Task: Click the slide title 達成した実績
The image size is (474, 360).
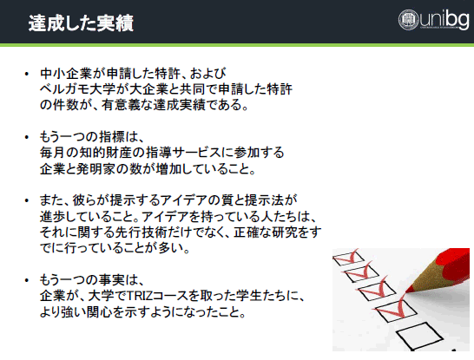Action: coord(81,23)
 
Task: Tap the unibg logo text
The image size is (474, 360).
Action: coord(444,19)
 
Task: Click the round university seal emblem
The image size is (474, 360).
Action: coord(408,20)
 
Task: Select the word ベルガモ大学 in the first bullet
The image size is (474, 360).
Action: coord(77,89)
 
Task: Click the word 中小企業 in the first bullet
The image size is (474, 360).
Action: coord(65,74)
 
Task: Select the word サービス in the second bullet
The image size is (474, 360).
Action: coord(197,153)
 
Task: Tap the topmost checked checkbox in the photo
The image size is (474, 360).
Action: coord(348,259)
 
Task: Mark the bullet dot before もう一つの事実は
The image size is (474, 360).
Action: coord(27,280)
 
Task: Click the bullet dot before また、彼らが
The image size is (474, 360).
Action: coord(27,200)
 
